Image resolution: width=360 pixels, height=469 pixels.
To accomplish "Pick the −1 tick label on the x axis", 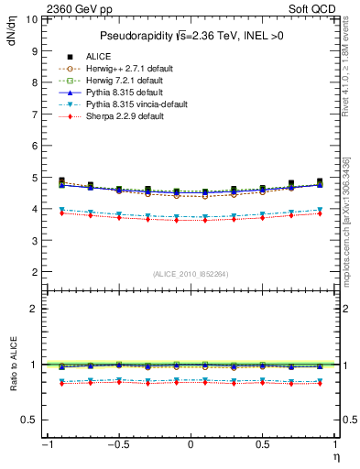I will pyautogui.click(x=46, y=445).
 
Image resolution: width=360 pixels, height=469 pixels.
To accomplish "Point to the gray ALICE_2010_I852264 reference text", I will pyautogui.click(x=190, y=274).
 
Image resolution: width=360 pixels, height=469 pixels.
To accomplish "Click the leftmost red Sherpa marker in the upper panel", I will pyautogui.click(x=61, y=213).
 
